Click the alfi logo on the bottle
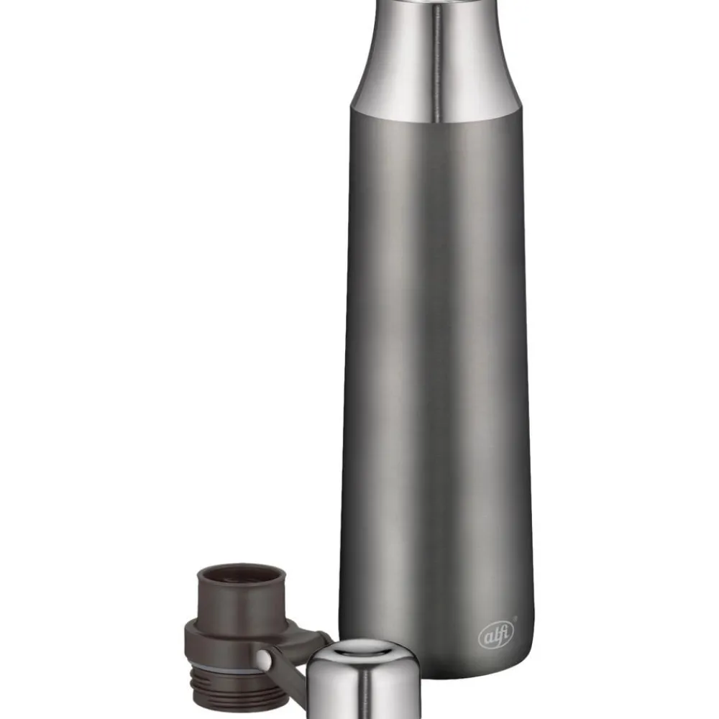(x=496, y=635)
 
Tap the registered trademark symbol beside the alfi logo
(x=515, y=619)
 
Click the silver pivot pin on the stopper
(x=264, y=660)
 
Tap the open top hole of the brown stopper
(x=242, y=577)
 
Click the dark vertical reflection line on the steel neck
(x=436, y=64)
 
